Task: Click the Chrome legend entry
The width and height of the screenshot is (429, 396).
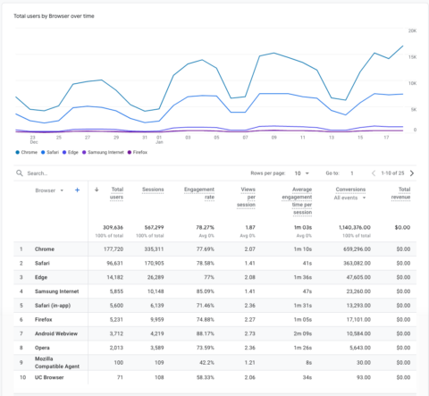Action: coord(29,152)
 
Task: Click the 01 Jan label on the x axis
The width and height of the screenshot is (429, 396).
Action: coord(159,139)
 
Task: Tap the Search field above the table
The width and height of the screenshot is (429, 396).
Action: coord(71,173)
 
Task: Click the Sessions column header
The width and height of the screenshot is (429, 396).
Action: coord(155,190)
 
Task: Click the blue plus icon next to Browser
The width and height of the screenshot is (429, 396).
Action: coord(78,190)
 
